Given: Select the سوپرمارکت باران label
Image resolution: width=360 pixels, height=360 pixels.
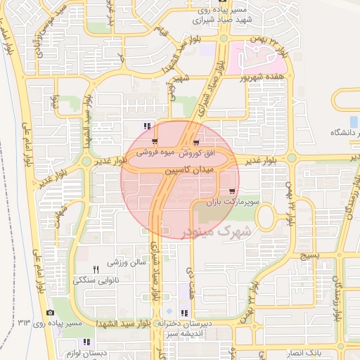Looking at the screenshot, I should click(239, 202).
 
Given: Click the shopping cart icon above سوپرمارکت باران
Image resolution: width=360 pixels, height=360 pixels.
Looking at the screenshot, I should click(232, 191).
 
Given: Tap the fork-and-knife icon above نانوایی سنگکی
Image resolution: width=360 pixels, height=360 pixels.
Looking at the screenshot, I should click(96, 269).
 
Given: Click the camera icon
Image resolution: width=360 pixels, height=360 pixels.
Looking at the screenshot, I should click(50, 313).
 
